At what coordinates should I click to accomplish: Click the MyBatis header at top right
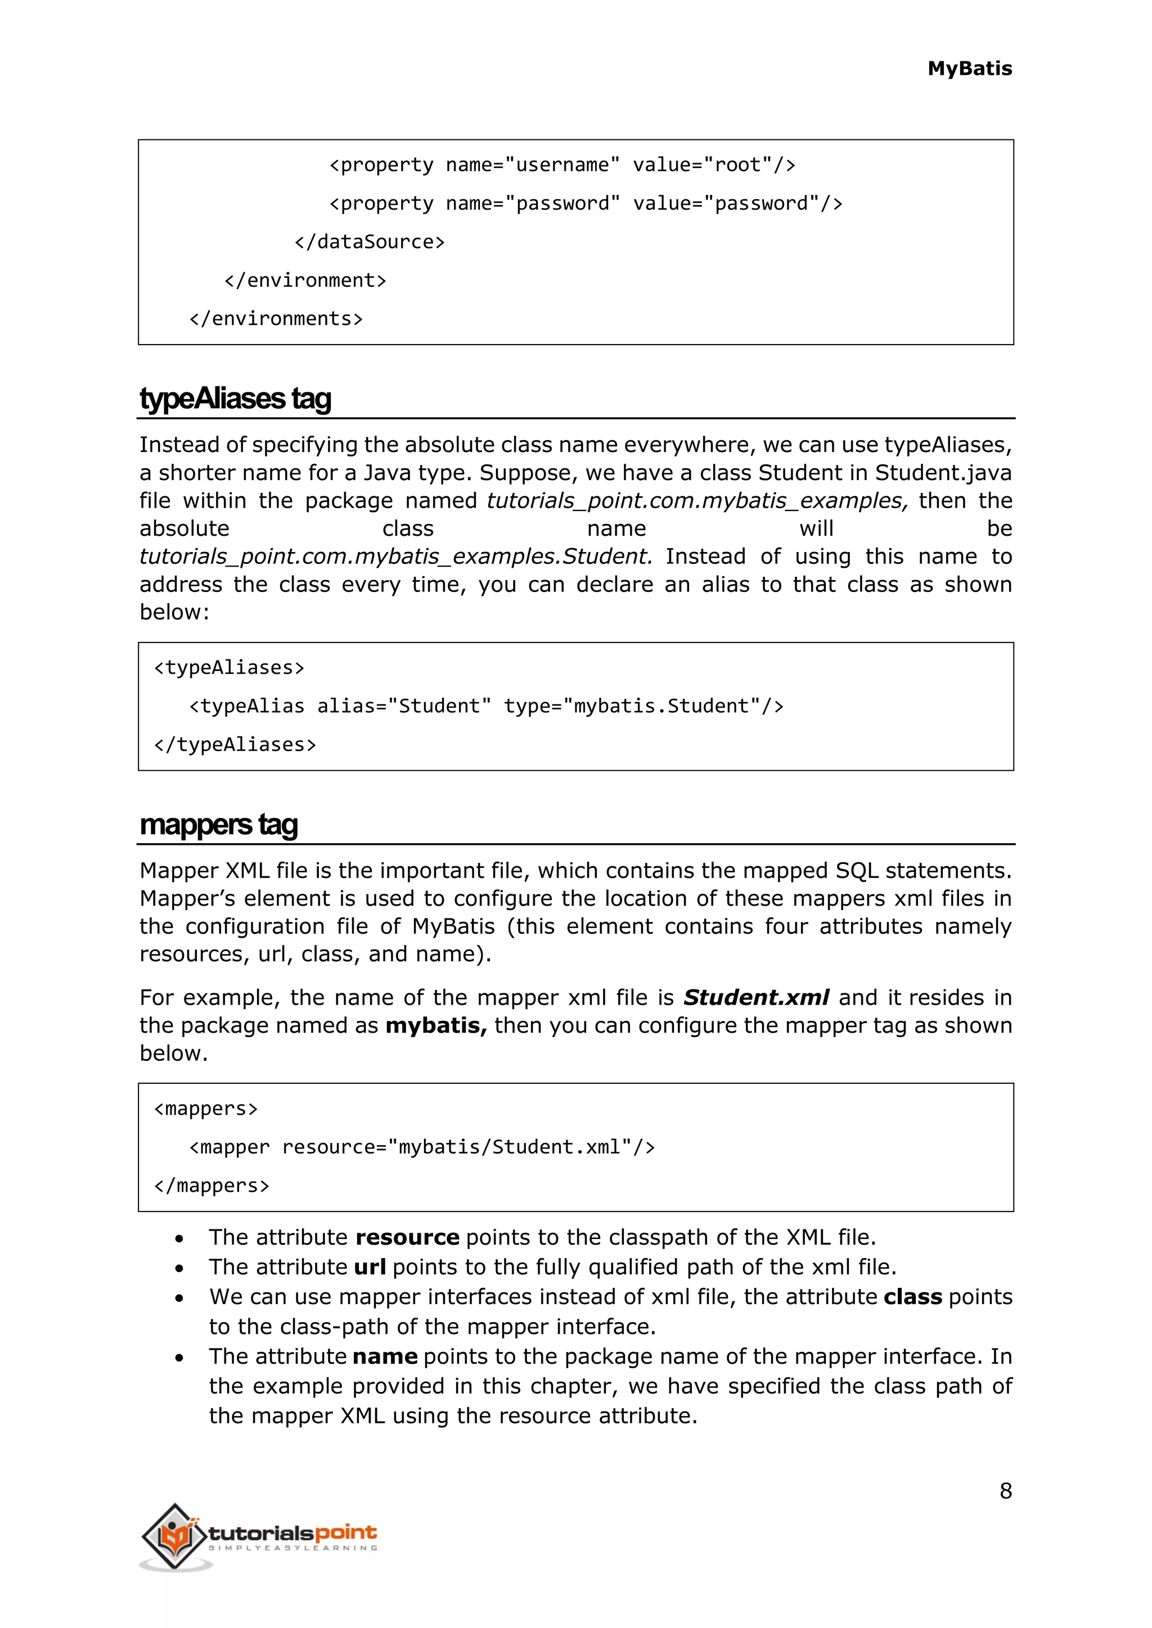pyautogui.click(x=969, y=69)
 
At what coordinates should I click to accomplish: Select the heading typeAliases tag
pyautogui.click(x=236, y=399)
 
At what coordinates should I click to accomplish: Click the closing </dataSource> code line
pyautogui.click(x=370, y=242)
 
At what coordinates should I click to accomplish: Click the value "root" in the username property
pyautogui.click(x=738, y=165)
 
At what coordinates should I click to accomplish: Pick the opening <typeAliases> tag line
pyautogui.click(x=229, y=668)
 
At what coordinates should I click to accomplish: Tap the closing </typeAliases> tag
pyautogui.click(x=235, y=744)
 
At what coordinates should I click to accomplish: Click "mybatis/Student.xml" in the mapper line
pyautogui.click(x=515, y=1147)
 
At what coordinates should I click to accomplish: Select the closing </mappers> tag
pyautogui.click(x=211, y=1186)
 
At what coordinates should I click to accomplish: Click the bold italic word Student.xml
pyautogui.click(x=756, y=998)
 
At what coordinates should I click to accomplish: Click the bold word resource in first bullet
pyautogui.click(x=407, y=1237)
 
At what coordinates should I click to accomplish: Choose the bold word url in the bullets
pyautogui.click(x=370, y=1267)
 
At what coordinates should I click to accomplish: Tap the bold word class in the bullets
pyautogui.click(x=912, y=1297)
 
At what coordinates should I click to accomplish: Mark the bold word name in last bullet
pyautogui.click(x=385, y=1356)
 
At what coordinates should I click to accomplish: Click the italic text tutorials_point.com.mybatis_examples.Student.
pyautogui.click(x=395, y=557)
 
